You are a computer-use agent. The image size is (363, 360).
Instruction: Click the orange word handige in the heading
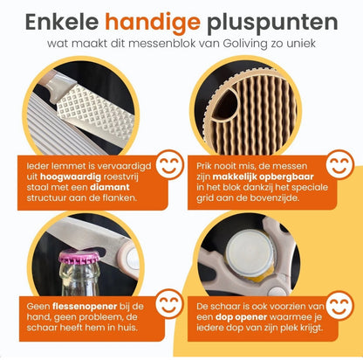pos(153,23)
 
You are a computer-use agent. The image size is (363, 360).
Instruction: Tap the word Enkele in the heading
pos(62,22)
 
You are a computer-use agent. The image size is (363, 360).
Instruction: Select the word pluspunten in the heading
pos(272,23)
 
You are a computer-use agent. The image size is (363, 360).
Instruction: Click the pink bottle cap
pos(79,256)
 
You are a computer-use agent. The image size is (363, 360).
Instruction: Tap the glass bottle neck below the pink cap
pos(79,279)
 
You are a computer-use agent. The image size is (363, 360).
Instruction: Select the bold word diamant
pos(110,187)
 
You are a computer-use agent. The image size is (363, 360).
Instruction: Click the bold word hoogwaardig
pos(71,177)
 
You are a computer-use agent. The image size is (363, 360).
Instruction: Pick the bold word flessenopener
pos(85,307)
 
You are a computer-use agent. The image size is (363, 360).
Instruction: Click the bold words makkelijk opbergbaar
pos(263,177)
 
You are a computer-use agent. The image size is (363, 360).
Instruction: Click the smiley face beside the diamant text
pos(170,164)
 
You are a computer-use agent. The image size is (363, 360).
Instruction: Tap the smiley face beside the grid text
pos(339,164)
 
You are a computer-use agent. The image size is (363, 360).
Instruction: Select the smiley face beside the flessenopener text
pos(169,304)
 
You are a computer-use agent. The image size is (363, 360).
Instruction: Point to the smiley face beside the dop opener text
pos(339,304)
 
